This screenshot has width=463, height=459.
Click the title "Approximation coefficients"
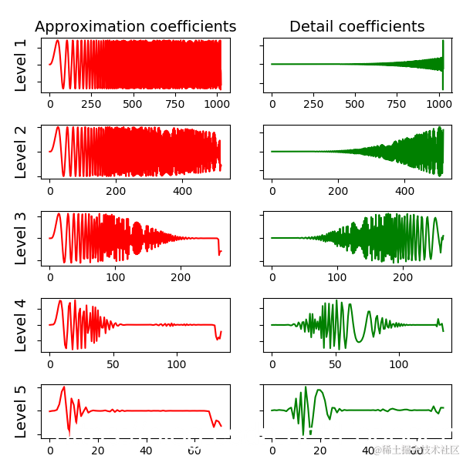tap(136, 27)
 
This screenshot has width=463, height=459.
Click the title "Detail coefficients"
tap(357, 27)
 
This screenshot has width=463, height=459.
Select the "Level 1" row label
tap(21, 65)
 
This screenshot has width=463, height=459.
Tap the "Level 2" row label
tap(21, 152)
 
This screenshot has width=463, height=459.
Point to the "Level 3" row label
tap(21, 238)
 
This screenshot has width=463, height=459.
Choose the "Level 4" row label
tap(21, 325)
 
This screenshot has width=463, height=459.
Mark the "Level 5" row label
tap(21, 411)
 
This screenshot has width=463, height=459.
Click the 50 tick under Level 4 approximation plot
tap(113, 363)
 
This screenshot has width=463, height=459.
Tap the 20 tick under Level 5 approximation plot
tap(98, 449)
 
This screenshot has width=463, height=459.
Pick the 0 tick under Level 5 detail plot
tap(272, 449)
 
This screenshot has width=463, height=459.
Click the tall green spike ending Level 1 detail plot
tap(443, 65)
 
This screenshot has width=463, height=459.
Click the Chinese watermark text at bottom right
tap(417, 449)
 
